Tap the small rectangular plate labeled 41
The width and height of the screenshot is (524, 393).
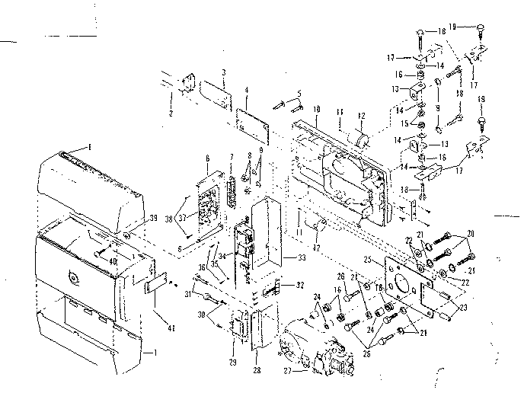[x=155, y=286]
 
